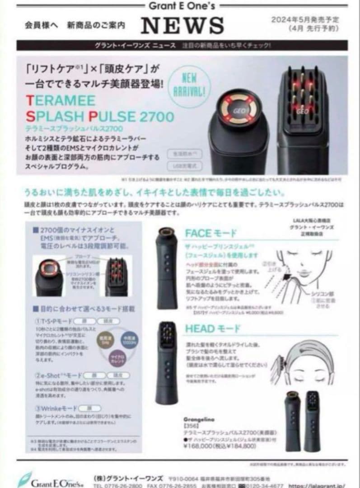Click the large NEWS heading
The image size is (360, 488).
point(182,25)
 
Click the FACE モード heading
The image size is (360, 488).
point(210,233)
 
